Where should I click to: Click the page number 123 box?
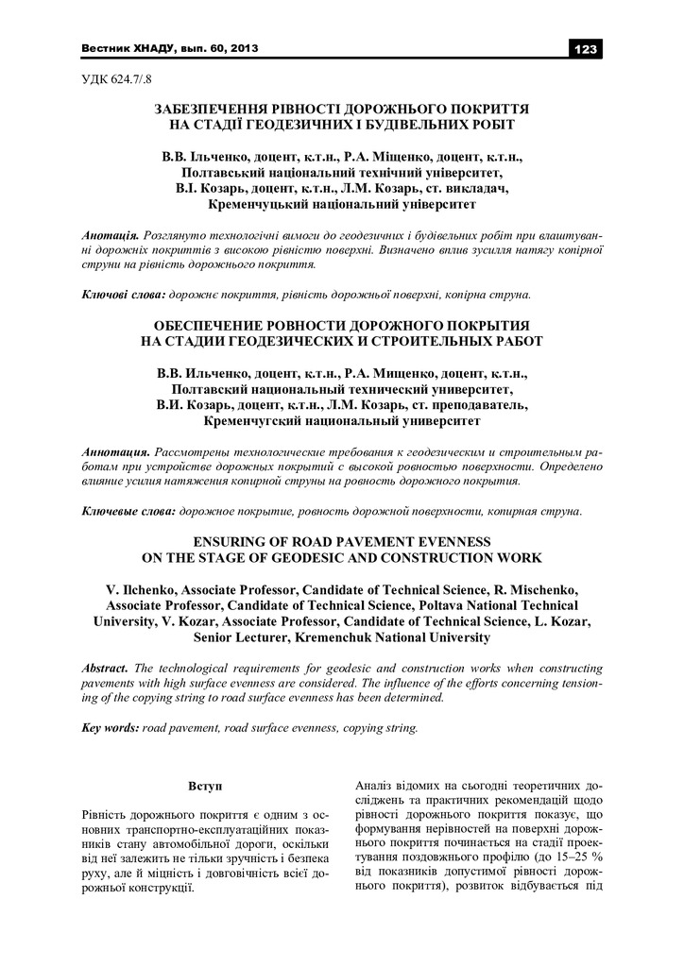(585, 48)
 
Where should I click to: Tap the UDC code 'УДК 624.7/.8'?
(110, 82)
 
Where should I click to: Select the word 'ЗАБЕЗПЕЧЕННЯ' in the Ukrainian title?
(213, 110)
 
